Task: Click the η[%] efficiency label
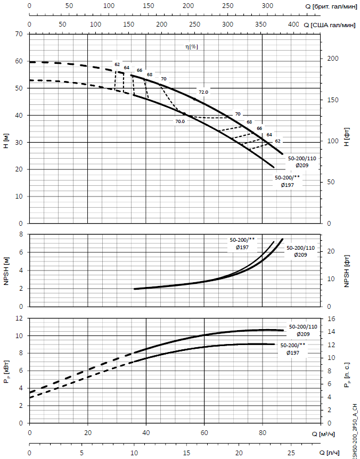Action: click(191, 47)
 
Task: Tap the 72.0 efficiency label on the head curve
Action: click(203, 92)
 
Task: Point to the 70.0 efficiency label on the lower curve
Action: click(179, 121)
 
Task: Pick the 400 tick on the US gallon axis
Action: click(293, 24)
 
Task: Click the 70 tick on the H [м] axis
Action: click(20, 34)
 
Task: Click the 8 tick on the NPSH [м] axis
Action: click(22, 234)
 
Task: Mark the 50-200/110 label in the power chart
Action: click(303, 326)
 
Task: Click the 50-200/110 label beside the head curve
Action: click(301, 159)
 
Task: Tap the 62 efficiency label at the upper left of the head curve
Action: click(117, 64)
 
